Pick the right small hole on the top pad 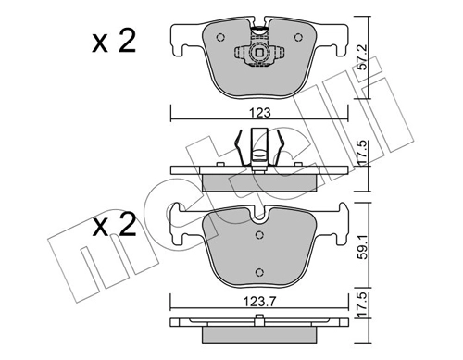click(297, 38)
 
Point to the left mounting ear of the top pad click(182, 40)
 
